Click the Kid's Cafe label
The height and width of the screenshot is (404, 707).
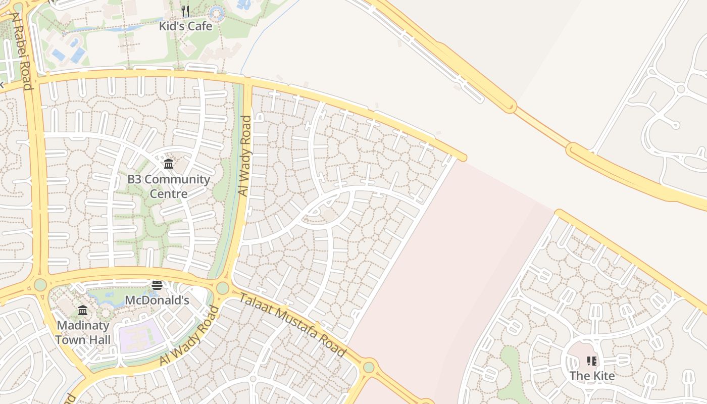[x=185, y=26]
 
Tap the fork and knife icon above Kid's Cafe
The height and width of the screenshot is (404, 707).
[x=185, y=11]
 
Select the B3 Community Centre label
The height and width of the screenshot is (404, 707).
[x=168, y=186]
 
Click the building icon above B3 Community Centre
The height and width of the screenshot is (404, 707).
[x=169, y=164]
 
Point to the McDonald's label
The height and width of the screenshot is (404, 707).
[x=157, y=300]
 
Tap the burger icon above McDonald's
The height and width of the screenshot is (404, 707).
[x=157, y=285]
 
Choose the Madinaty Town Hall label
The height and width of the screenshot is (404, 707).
[x=83, y=332]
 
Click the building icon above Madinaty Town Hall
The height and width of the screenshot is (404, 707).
[x=83, y=310]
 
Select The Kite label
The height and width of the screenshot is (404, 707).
[x=592, y=376]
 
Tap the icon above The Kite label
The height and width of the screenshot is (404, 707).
[x=592, y=361]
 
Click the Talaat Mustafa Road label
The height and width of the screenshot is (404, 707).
[x=292, y=324]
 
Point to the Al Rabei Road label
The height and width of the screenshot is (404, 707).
[x=22, y=50]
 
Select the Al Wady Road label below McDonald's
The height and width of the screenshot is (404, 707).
[x=190, y=335]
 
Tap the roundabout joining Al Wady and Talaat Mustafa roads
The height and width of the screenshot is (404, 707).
[x=222, y=288]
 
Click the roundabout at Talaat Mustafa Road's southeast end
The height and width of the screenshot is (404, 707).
[x=369, y=367]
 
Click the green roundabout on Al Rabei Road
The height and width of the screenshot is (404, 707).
[x=40, y=285]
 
